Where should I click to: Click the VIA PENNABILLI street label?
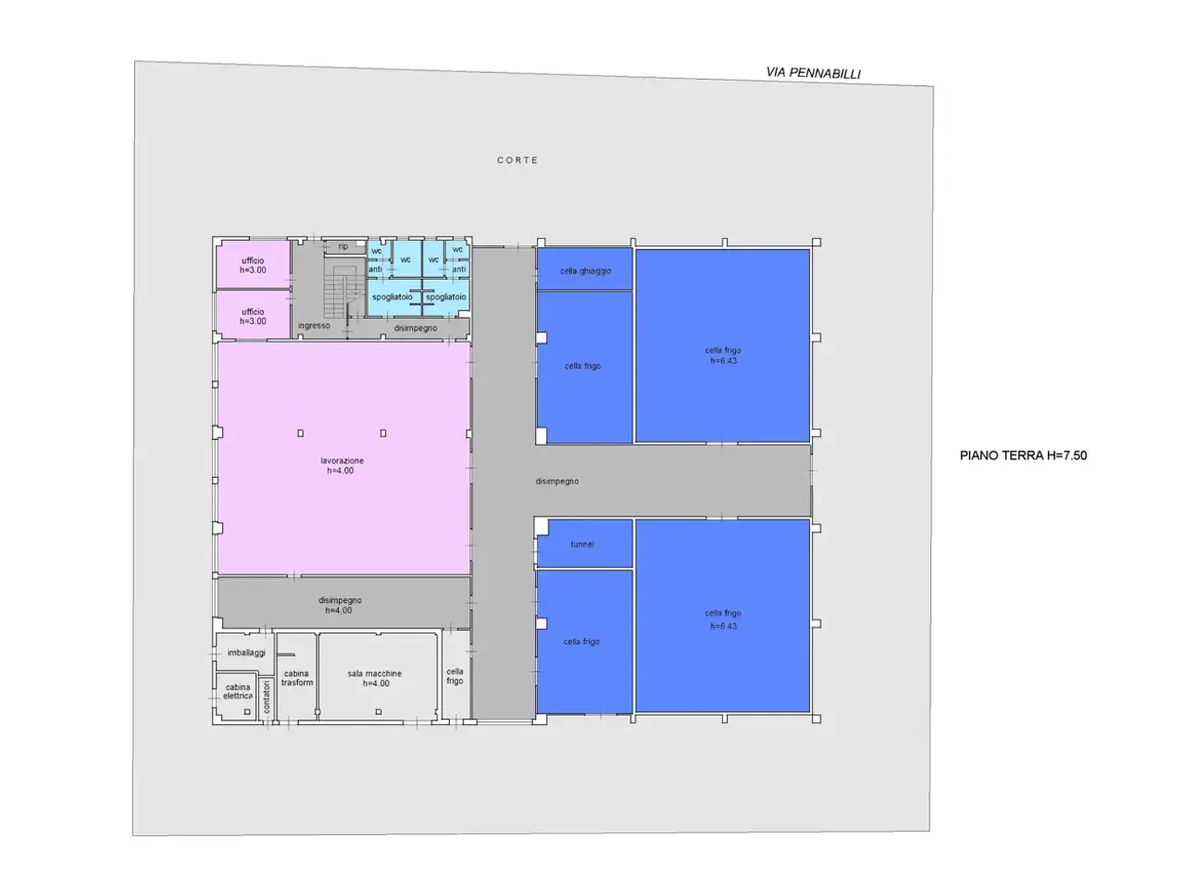(813, 73)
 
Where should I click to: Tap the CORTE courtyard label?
(518, 160)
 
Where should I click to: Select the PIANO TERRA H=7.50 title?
(1023, 455)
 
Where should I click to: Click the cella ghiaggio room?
(584, 269)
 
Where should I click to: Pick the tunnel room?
(584, 543)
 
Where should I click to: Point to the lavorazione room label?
(342, 465)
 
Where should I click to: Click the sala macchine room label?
(375, 678)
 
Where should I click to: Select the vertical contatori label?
(266, 696)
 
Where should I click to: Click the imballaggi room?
(244, 653)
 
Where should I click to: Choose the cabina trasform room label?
(296, 678)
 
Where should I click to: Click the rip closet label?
(343, 246)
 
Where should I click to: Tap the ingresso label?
(314, 325)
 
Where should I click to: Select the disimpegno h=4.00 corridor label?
(340, 605)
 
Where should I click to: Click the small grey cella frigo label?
(455, 676)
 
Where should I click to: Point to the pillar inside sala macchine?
(379, 711)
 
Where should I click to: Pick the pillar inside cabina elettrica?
(246, 711)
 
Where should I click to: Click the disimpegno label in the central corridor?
(556, 481)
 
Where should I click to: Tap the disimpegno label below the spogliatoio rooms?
(415, 328)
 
